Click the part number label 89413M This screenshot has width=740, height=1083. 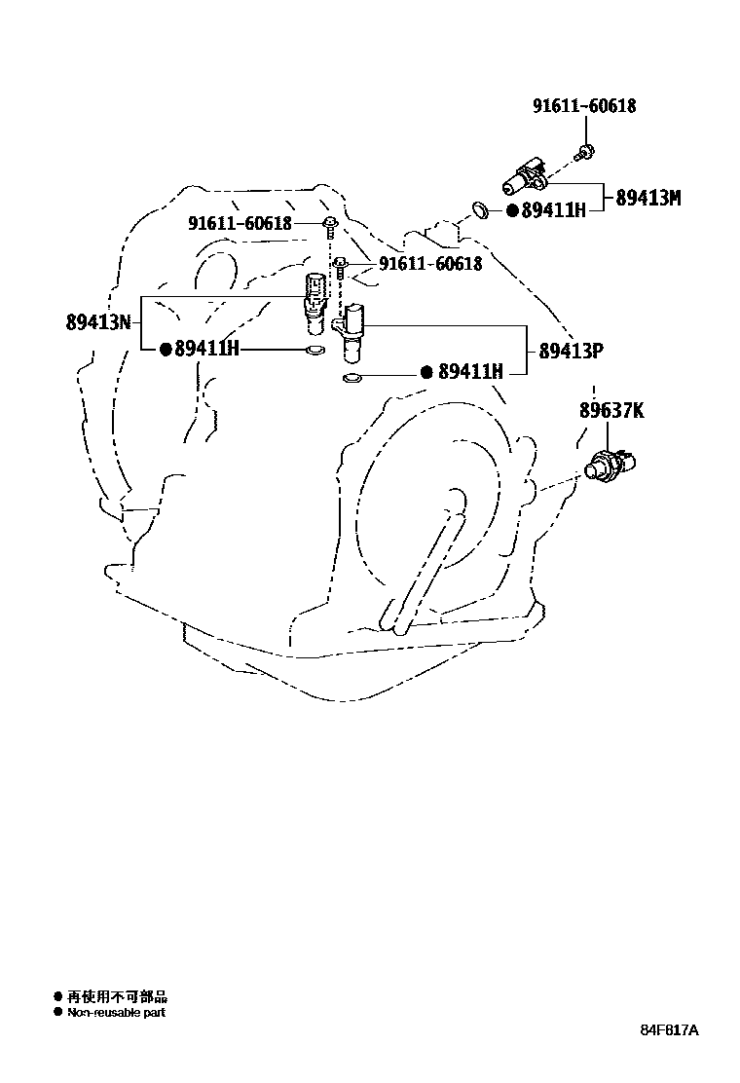[x=647, y=198]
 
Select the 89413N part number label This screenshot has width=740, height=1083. [x=98, y=322]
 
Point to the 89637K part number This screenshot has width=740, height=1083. [x=611, y=411]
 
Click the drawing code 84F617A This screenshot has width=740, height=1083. [x=670, y=1030]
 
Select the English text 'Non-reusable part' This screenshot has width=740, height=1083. [x=116, y=1013]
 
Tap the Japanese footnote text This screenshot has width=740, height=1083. [x=117, y=996]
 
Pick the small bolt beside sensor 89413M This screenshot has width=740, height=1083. [x=584, y=152]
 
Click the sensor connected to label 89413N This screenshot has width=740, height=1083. [x=314, y=301]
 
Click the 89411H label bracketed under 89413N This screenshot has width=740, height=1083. [x=205, y=349]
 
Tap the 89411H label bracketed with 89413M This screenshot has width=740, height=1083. [x=553, y=209]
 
